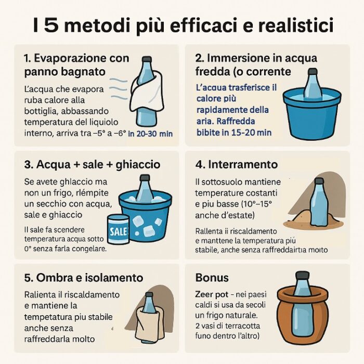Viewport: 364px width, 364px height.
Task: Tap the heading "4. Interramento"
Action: [x=236, y=164]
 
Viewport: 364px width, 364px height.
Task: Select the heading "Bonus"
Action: [x=212, y=277]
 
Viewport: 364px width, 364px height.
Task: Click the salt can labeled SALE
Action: [x=119, y=229]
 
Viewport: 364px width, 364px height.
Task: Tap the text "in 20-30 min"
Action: [x=150, y=134]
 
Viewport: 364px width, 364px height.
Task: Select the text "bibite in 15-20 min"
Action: [x=234, y=132]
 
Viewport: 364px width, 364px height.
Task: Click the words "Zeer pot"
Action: [x=212, y=295]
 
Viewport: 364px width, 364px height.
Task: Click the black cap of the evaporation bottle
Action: [x=147, y=59]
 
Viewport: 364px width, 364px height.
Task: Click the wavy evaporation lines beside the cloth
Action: [x=119, y=89]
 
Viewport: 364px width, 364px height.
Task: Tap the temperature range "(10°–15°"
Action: [x=256, y=204]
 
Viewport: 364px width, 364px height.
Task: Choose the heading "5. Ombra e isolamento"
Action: [x=84, y=278]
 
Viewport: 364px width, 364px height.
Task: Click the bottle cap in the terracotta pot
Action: [x=302, y=275]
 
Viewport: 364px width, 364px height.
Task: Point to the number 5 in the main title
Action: [x=51, y=25]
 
